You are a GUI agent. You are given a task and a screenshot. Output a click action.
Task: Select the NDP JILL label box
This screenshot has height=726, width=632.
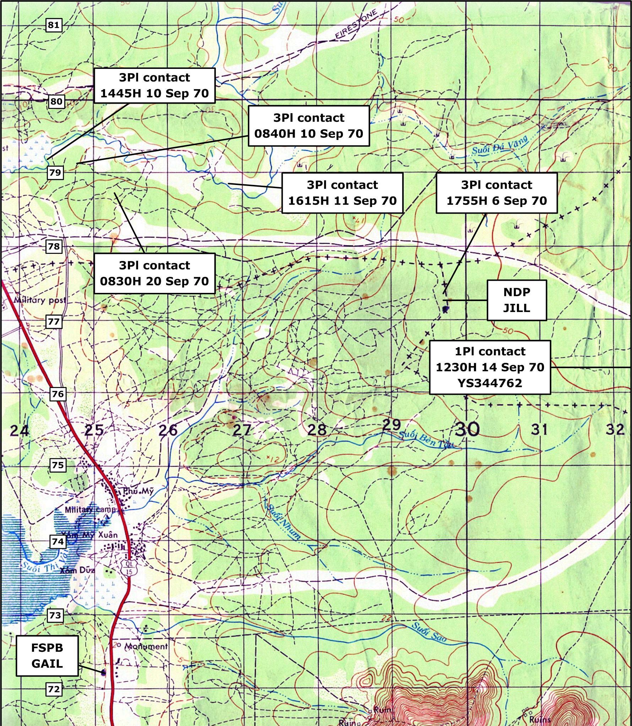(x=517, y=300)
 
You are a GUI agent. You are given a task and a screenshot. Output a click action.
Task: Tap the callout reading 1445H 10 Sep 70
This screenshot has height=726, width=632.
(x=154, y=86)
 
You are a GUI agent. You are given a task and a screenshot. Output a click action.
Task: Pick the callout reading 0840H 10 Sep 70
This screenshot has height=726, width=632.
(x=309, y=126)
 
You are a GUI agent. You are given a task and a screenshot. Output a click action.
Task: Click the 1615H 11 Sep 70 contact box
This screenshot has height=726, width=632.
(x=342, y=193)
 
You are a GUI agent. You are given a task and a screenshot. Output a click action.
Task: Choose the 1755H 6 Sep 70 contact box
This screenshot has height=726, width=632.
(x=496, y=193)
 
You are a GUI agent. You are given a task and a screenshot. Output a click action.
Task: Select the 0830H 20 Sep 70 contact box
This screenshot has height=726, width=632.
(x=154, y=273)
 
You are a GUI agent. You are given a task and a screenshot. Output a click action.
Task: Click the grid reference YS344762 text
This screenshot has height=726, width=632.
(x=490, y=383)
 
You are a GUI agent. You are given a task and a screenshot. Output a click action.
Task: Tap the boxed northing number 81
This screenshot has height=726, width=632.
(x=54, y=25)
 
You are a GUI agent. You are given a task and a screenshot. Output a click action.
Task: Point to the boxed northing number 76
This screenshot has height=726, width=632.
(x=58, y=394)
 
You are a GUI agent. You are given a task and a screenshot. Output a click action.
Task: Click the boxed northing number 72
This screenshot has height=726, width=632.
(x=54, y=689)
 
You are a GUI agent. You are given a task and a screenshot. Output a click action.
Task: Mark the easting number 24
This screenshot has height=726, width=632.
(x=19, y=431)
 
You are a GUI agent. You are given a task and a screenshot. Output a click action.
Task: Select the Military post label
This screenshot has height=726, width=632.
(x=40, y=300)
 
